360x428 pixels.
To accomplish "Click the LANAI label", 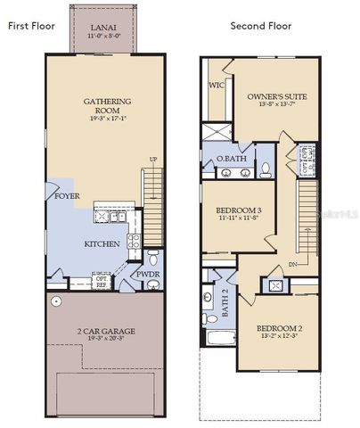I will click(x=103, y=29).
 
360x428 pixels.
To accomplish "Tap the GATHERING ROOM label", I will click(x=108, y=106).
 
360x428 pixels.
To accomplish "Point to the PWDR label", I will click(x=147, y=275).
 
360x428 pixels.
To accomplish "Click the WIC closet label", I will click(x=215, y=86).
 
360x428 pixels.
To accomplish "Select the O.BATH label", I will click(x=232, y=159).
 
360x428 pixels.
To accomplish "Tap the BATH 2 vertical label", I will click(x=225, y=306).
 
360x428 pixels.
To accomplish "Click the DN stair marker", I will click(x=293, y=264).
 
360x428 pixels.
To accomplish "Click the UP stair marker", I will click(x=154, y=160).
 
